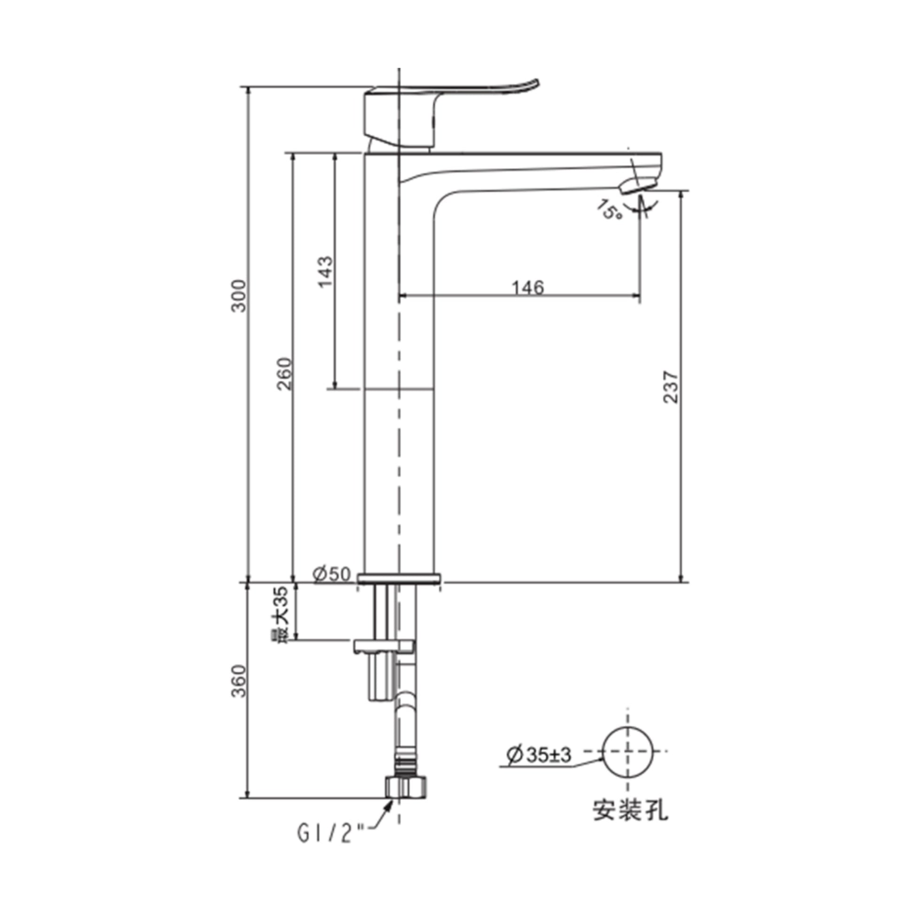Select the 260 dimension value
point(284,374)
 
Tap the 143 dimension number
point(326,271)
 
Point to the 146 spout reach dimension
point(528,287)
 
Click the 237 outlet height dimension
point(671,387)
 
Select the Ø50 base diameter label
point(332,574)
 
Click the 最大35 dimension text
point(282,614)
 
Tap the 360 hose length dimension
point(240,681)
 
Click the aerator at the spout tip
point(639,185)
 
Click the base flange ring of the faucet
point(399,578)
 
